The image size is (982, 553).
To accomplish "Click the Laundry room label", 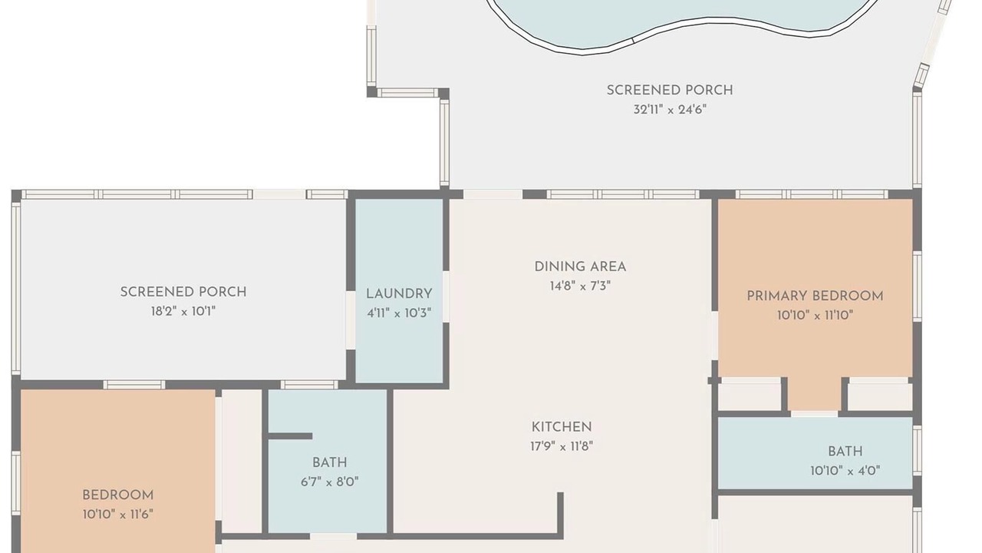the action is pos(399,293).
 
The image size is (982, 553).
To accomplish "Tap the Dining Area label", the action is pos(580,267).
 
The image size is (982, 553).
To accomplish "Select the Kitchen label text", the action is pos(562,426).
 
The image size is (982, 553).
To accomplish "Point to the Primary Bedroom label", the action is pos(815,296).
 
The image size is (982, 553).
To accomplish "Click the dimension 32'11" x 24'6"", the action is pos(670,109).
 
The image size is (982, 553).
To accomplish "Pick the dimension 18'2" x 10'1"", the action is pos(183,312).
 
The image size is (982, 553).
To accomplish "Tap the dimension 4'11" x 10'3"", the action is pos(399,313).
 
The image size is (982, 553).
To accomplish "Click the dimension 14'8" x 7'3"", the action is pos(580,286).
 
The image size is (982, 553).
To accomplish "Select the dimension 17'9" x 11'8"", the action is pos(562,446).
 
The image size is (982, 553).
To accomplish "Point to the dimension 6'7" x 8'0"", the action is pos(330,482).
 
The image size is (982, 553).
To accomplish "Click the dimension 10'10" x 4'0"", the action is pos(845,471).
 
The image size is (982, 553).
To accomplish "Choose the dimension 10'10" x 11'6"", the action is pos(118,515).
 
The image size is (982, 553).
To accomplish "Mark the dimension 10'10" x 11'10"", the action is pos(815,315).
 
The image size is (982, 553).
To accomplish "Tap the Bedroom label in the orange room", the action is pos(118,495).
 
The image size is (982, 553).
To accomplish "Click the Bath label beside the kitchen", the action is pos(330,462).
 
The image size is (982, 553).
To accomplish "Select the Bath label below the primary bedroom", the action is pos(845,451).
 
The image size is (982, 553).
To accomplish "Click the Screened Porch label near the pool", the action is pos(670,90).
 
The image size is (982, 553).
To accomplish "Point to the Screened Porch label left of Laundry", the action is pos(183,292).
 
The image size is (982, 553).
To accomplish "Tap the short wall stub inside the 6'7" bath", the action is pos(290,435).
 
